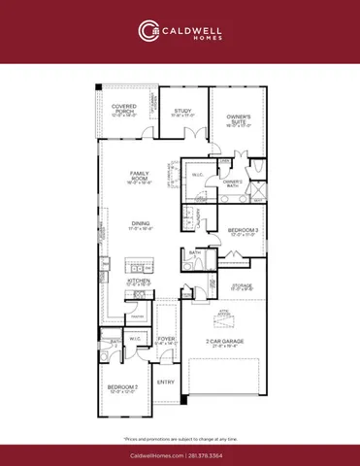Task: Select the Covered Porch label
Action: click(x=123, y=109)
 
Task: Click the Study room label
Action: click(x=183, y=112)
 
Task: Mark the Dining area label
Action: click(x=142, y=225)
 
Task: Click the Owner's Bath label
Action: click(x=232, y=182)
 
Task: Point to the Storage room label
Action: click(x=242, y=286)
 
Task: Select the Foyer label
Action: click(x=167, y=341)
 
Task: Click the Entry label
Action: click(x=166, y=382)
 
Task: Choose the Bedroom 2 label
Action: click(x=122, y=389)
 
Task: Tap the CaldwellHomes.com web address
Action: click(x=155, y=453)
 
